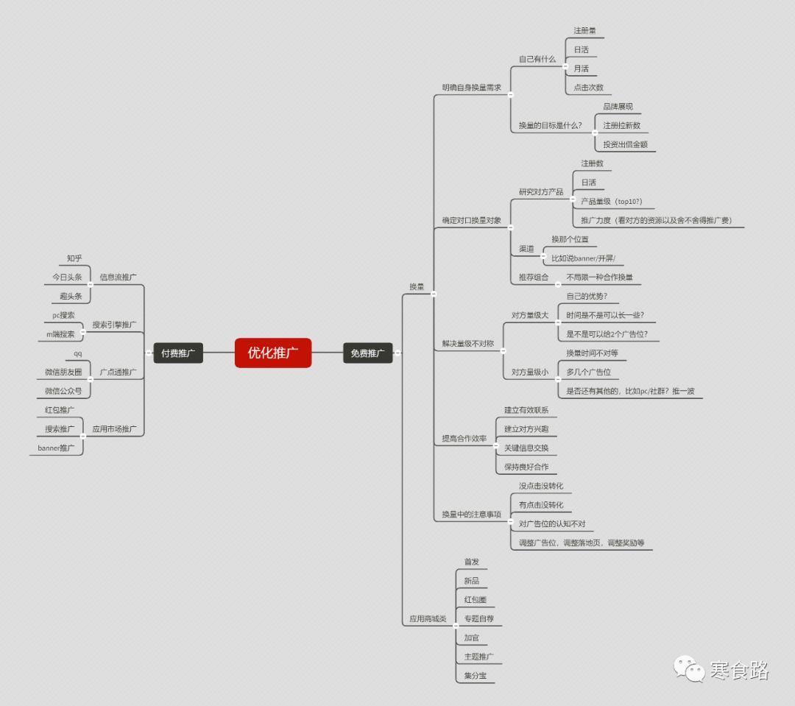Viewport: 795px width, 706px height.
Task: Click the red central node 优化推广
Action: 273,353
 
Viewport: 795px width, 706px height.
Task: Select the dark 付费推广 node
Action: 178,353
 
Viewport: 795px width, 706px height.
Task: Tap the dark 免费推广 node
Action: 367,353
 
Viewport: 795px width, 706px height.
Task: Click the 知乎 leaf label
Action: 74,258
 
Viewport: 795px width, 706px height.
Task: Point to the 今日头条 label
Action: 67,278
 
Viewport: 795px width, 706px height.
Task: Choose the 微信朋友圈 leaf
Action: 63,372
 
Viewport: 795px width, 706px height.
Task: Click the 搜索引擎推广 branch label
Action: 114,325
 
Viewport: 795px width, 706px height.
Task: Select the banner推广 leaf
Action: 56,448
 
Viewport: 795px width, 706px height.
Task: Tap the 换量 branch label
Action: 417,286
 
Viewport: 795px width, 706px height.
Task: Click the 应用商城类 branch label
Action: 428,619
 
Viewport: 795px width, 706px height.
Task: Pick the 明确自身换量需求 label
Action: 471,87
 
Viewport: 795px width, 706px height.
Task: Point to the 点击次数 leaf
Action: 588,87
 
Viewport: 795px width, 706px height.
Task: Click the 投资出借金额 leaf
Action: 625,144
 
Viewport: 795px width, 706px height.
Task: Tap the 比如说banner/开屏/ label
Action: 583,258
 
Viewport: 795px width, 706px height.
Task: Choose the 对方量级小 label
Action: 530,373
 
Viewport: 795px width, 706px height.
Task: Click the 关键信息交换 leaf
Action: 526,448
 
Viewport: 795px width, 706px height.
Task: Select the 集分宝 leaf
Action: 475,676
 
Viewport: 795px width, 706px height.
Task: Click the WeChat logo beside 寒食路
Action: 690,668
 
